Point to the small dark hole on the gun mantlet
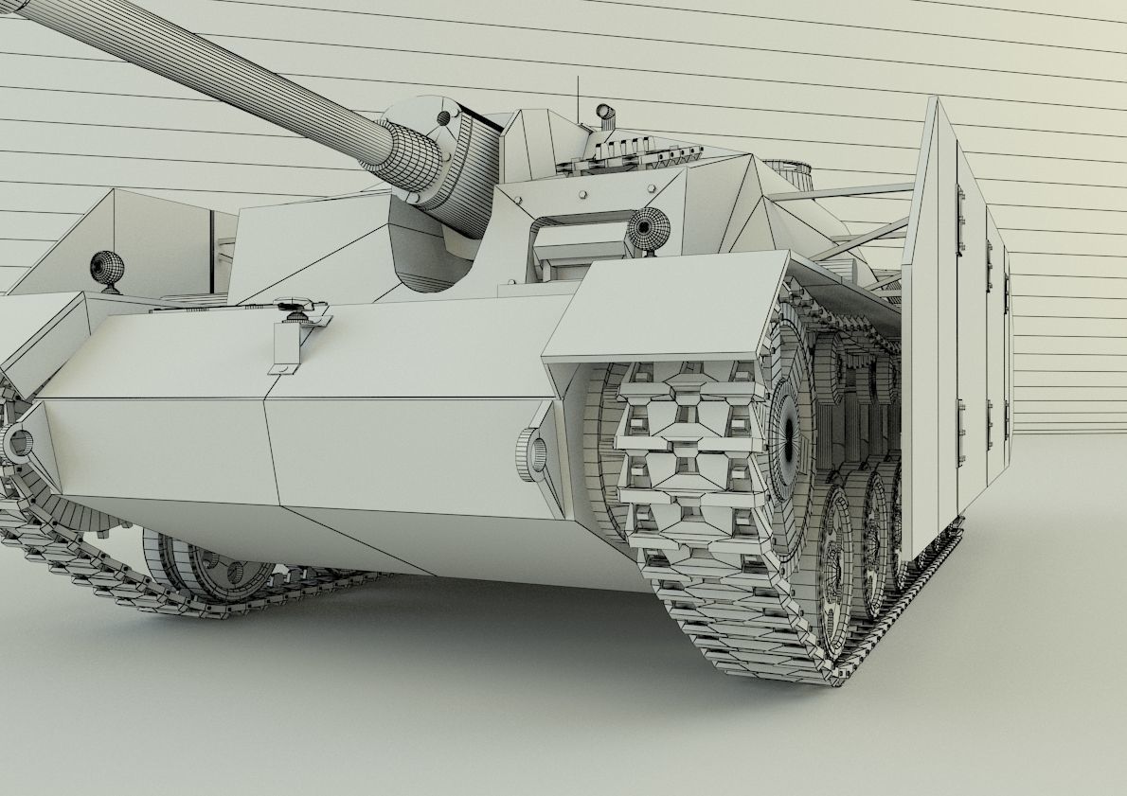(443, 118)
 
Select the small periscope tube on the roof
(605, 115)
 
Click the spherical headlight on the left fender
(107, 269)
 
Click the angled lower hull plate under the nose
(379, 540)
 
